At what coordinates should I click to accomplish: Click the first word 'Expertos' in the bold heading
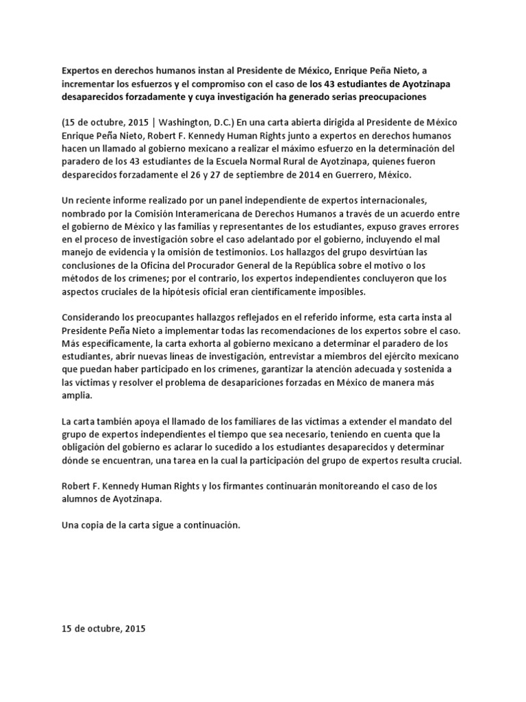click(x=81, y=70)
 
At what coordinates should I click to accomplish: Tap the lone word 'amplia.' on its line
click(x=75, y=396)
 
